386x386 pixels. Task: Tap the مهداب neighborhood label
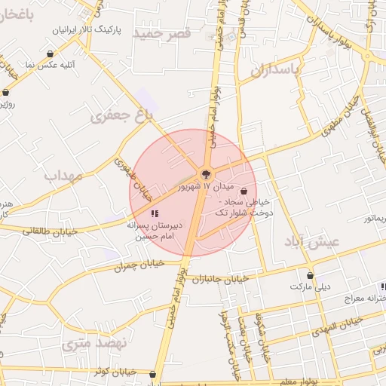point(63,176)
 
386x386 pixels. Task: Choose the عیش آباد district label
point(312,241)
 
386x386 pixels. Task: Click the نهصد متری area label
point(94,344)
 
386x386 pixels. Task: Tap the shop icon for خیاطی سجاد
point(243,191)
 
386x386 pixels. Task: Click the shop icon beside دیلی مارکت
point(310,275)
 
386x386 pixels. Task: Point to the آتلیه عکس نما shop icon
point(51,54)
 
